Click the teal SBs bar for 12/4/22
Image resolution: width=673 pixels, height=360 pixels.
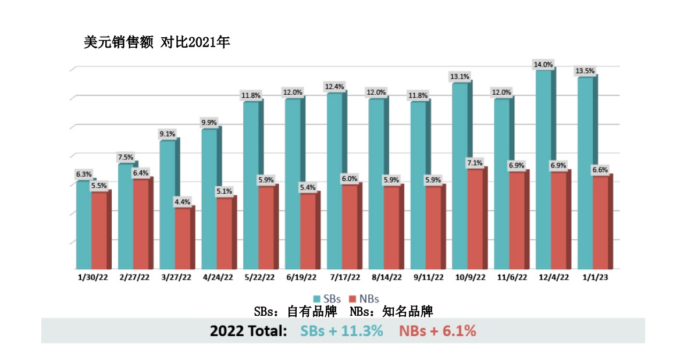pyautogui.click(x=543, y=169)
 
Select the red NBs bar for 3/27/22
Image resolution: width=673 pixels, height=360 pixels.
pyautogui.click(x=183, y=238)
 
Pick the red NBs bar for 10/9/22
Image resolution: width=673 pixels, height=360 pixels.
pyautogui.click(x=475, y=219)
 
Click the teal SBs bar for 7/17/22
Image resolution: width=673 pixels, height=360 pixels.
pyautogui.click(x=334, y=180)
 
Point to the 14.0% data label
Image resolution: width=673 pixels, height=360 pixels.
pyautogui.click(x=544, y=64)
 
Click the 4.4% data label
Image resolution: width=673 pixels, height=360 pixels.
pyautogui.click(x=183, y=202)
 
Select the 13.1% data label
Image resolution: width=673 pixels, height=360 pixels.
pyautogui.click(x=460, y=77)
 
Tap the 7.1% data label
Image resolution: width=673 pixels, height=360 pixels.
pyautogui.click(x=475, y=163)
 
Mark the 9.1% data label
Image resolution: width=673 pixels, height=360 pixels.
pyautogui.click(x=167, y=134)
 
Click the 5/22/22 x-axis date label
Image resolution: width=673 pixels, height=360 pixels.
pyautogui.click(x=259, y=278)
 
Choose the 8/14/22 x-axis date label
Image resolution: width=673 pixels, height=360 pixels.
pyautogui.click(x=384, y=278)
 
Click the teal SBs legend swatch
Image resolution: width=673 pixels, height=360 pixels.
pyautogui.click(x=316, y=298)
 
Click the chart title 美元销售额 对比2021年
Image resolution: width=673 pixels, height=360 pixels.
pyautogui.click(x=157, y=42)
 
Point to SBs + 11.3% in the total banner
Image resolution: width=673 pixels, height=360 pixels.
pyautogui.click(x=341, y=331)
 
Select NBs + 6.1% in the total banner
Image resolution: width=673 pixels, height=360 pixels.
pyautogui.click(x=437, y=331)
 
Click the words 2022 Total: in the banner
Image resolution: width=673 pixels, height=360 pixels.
pyautogui.click(x=248, y=331)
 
